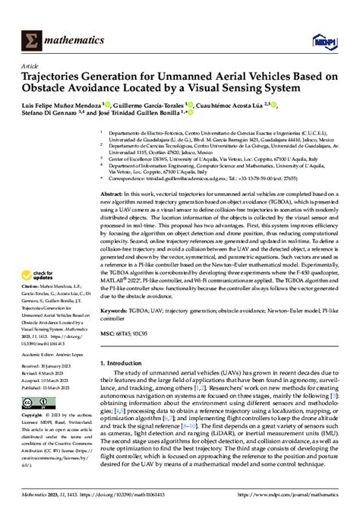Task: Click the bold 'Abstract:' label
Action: tap(113, 194)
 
